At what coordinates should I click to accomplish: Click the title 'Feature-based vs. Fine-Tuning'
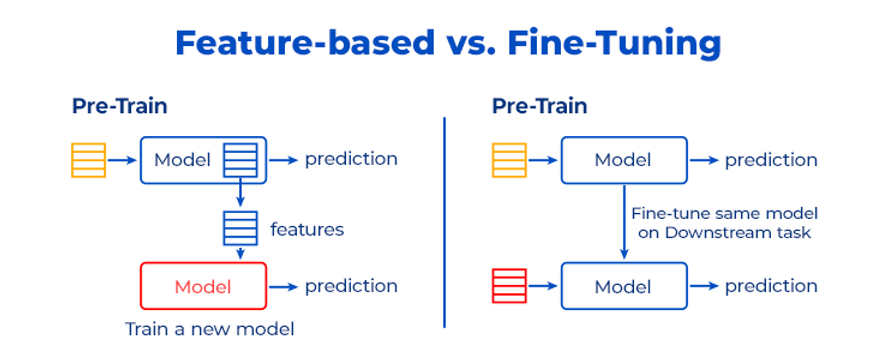[x=447, y=44]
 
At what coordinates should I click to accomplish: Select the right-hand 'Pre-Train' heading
[x=539, y=106]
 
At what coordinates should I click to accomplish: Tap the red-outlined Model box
[x=203, y=287]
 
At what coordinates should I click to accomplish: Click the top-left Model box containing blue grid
[x=180, y=160]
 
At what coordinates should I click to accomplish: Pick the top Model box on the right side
[x=623, y=160]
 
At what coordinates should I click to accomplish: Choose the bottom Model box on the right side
[x=623, y=287]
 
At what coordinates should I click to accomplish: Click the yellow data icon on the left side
[x=88, y=160]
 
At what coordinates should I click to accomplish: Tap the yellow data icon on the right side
[x=509, y=160]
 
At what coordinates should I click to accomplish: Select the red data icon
[x=509, y=287]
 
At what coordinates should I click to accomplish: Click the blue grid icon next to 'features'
[x=240, y=229]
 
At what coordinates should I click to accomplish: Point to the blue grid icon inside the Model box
[x=240, y=160]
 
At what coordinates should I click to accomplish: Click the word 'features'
[x=307, y=229]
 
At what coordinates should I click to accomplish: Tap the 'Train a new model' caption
[x=209, y=328]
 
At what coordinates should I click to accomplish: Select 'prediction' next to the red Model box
[x=351, y=286]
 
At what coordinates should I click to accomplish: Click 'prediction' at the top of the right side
[x=771, y=160]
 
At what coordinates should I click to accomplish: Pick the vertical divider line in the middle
[x=444, y=220]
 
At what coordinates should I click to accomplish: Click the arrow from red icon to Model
[x=544, y=287]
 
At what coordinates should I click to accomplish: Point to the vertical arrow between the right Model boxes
[x=623, y=222]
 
